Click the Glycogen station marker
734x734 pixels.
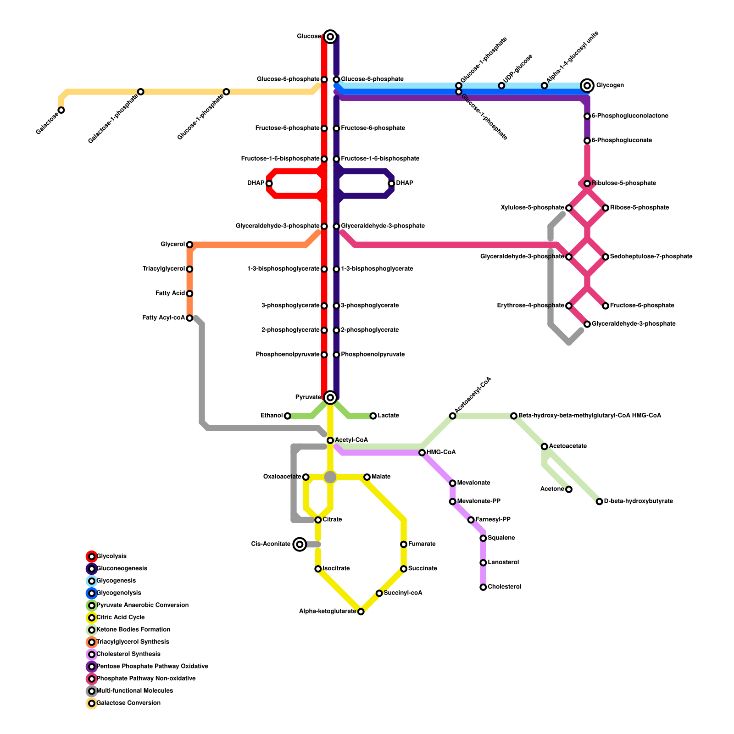(x=587, y=85)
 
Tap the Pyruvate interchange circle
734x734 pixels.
(x=330, y=397)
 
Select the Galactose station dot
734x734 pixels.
(x=61, y=110)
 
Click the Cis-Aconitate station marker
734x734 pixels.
(x=300, y=544)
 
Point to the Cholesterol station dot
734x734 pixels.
(x=483, y=587)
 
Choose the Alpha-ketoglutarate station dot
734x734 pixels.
(x=361, y=612)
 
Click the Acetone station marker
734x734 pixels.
(x=569, y=489)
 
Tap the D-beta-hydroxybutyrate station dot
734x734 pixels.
(x=599, y=501)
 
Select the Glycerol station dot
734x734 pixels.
(x=189, y=245)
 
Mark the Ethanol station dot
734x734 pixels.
(x=287, y=416)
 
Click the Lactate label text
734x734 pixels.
(x=388, y=416)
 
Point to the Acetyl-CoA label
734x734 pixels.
(x=351, y=440)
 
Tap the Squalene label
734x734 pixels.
(x=501, y=538)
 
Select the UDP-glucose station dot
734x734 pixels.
(x=501, y=86)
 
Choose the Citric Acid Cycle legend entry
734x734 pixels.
(x=121, y=617)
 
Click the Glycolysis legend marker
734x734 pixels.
(x=92, y=556)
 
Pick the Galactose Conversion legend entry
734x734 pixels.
(x=128, y=703)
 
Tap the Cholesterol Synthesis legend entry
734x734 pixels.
(x=128, y=654)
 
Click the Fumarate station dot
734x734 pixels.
(x=404, y=545)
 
